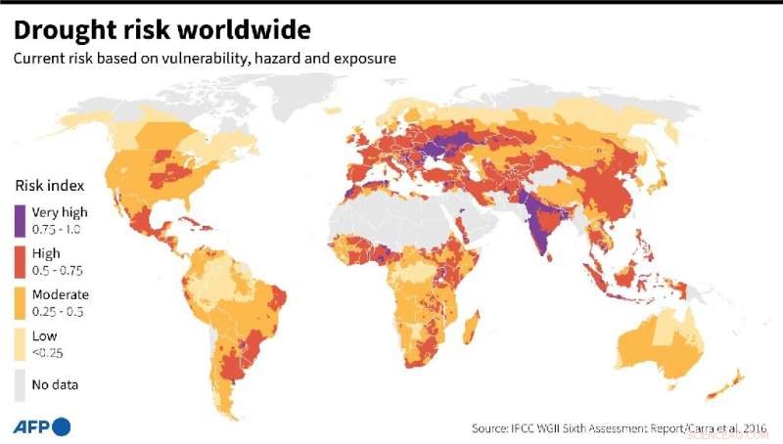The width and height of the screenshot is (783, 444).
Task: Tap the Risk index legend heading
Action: [x=49, y=185]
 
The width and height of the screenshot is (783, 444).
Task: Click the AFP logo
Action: [x=41, y=425]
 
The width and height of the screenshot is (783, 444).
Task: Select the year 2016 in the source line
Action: [x=752, y=427]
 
